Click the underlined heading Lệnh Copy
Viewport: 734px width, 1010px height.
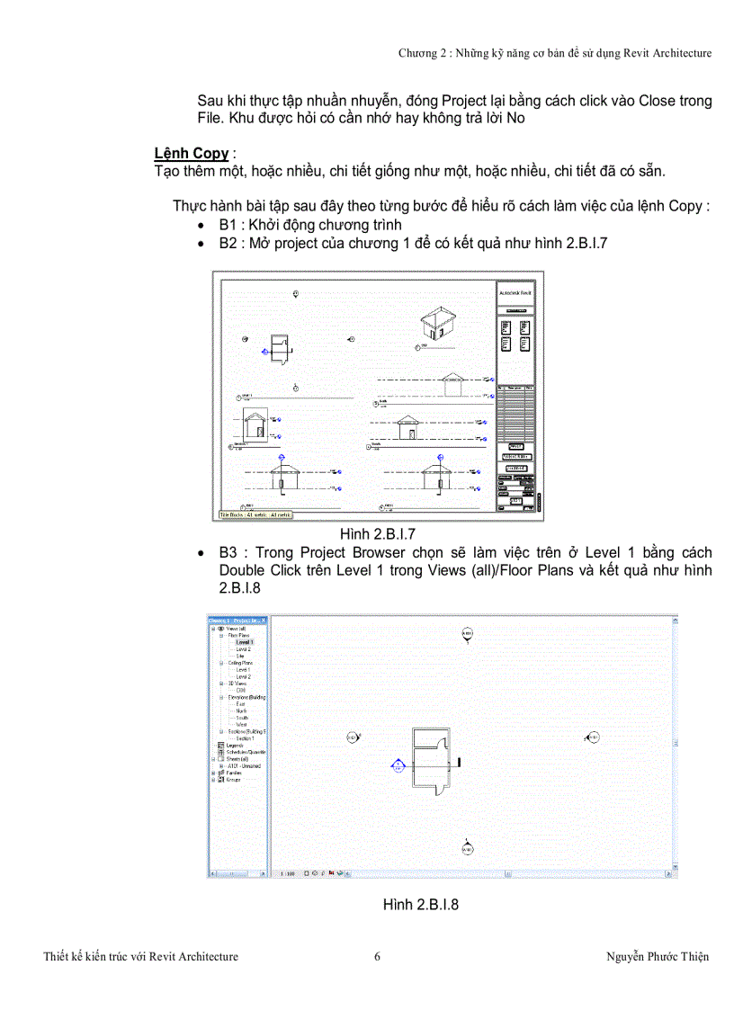point(192,153)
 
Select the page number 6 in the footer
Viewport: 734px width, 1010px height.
point(377,956)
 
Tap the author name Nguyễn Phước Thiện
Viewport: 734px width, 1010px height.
point(658,956)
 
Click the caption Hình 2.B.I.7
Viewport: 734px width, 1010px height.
point(377,534)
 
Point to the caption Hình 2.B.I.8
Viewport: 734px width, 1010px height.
point(421,904)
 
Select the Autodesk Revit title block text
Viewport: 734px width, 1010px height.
point(516,293)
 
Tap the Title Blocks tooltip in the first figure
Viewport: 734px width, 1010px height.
point(256,515)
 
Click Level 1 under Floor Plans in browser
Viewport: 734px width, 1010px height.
point(245,642)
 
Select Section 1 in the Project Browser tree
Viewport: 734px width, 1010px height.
point(246,738)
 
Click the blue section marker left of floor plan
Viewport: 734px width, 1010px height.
point(397,765)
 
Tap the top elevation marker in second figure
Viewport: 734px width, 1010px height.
point(467,634)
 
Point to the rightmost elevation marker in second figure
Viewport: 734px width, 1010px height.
point(593,738)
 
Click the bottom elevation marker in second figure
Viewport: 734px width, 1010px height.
point(467,848)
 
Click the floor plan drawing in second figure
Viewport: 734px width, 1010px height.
point(432,760)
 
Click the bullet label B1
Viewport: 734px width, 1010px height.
point(228,225)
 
